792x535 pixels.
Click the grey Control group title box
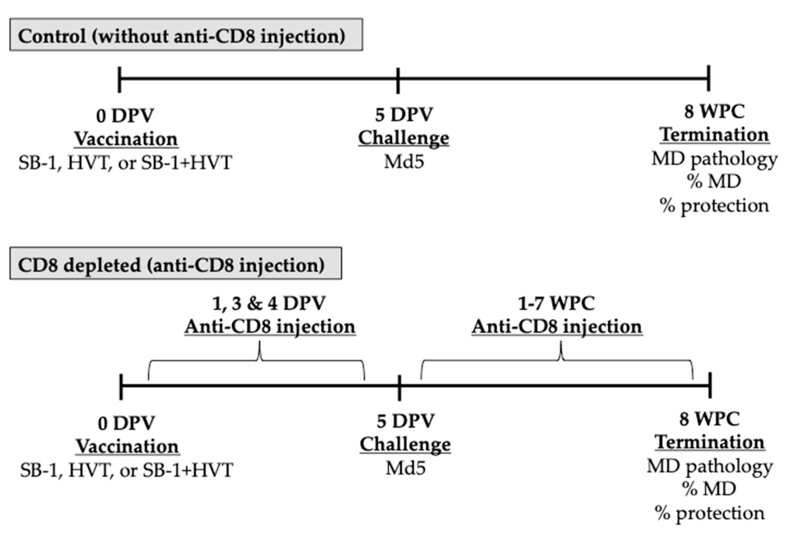point(186,35)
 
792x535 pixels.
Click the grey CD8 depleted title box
point(175,263)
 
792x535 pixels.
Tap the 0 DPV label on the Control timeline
point(125,116)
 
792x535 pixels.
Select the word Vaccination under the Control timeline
point(126,139)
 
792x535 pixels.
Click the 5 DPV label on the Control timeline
point(404,115)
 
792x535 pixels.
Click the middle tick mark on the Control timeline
point(398,80)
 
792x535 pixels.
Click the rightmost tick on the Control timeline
point(709,78)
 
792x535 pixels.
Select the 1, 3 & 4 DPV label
point(269,303)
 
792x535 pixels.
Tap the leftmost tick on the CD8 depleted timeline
point(121,387)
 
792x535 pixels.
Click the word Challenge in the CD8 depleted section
point(405,445)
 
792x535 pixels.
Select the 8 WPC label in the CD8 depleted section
point(709,419)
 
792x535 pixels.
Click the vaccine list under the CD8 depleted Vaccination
point(126,470)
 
